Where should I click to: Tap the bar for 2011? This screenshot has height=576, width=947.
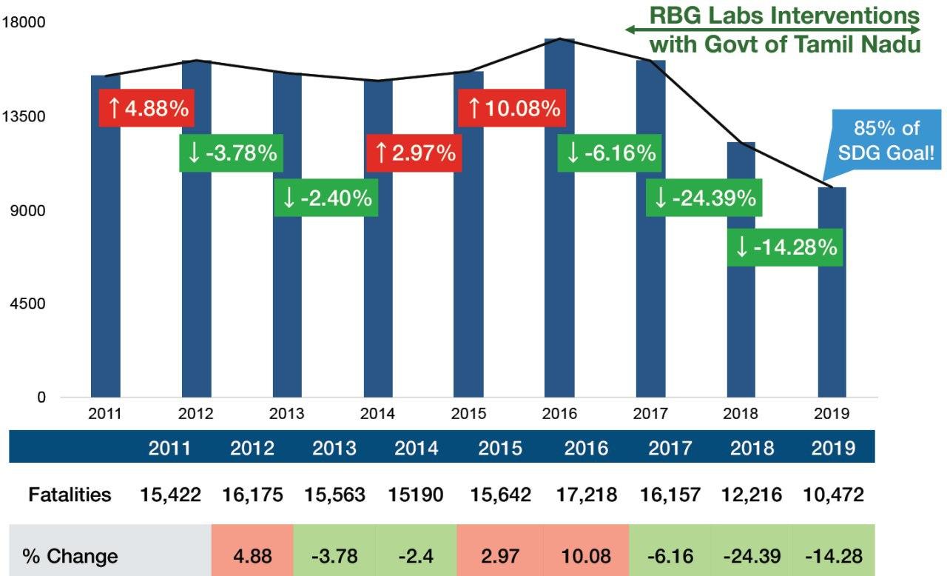[x=106, y=296]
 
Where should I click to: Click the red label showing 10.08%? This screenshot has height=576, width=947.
[x=513, y=109]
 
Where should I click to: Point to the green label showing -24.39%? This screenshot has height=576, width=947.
[x=704, y=198]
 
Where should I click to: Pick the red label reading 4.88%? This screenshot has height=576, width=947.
[x=147, y=109]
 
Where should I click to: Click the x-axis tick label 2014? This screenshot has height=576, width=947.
[x=377, y=414]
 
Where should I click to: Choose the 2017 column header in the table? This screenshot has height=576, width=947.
[x=670, y=448]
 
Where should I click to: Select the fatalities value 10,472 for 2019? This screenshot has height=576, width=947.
[x=833, y=495]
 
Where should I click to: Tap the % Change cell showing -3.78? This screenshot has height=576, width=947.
[x=334, y=555]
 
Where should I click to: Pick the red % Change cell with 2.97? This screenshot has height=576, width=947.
[x=500, y=555]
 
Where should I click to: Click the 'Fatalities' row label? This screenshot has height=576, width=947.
[x=70, y=495]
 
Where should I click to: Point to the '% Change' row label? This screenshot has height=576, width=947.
[x=70, y=555]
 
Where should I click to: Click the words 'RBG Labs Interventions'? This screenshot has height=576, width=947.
[x=784, y=16]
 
